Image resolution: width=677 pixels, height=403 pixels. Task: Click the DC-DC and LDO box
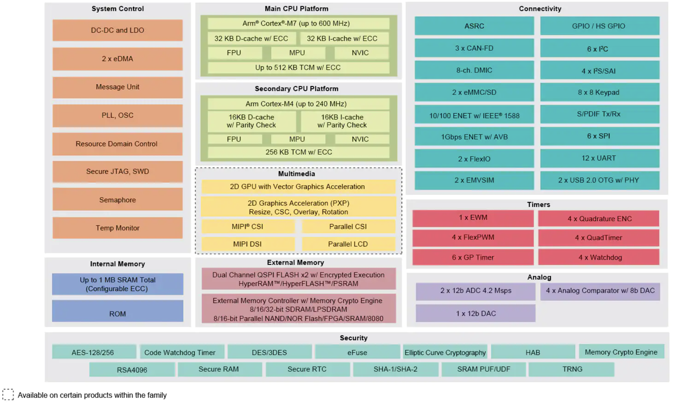[118, 30]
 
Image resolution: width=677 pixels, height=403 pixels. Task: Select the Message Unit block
[118, 87]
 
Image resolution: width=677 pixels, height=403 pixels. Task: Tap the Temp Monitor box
[118, 228]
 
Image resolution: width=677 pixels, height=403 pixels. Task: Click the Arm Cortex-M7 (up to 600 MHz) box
[299, 24]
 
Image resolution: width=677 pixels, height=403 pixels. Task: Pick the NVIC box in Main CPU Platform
[360, 53]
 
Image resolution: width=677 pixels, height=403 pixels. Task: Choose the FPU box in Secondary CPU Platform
[234, 139]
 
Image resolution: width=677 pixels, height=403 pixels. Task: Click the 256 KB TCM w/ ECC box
[299, 152]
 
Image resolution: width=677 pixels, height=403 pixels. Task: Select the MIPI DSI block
[248, 244]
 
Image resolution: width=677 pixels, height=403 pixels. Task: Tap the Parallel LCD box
[348, 244]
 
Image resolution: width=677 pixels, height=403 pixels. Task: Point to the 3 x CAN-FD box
[474, 48]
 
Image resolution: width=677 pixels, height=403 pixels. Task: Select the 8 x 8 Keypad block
[600, 92]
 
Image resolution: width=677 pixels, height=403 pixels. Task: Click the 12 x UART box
[600, 158]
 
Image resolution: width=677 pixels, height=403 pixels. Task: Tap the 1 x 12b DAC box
[476, 313]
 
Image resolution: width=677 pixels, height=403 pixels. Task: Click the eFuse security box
[357, 352]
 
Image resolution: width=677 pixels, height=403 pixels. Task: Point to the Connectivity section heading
[540, 9]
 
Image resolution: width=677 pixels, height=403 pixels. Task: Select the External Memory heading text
[295, 262]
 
